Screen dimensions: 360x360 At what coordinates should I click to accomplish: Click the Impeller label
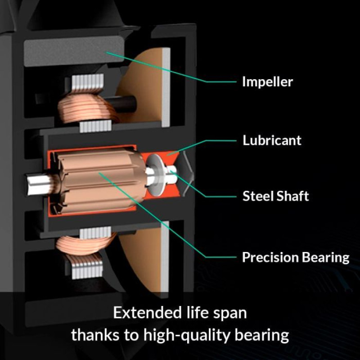tap(267, 82)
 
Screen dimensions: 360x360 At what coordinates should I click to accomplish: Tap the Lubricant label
tap(272, 140)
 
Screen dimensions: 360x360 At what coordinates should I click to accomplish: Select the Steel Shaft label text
tap(276, 196)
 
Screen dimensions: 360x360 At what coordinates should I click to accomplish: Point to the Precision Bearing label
tap(296, 257)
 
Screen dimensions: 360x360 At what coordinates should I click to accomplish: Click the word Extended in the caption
tap(147, 313)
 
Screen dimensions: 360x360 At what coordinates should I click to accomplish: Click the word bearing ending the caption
tap(261, 335)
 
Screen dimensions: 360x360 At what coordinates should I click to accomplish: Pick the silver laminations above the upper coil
tap(87, 82)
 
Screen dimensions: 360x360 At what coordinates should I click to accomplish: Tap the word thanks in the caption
tap(96, 334)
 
